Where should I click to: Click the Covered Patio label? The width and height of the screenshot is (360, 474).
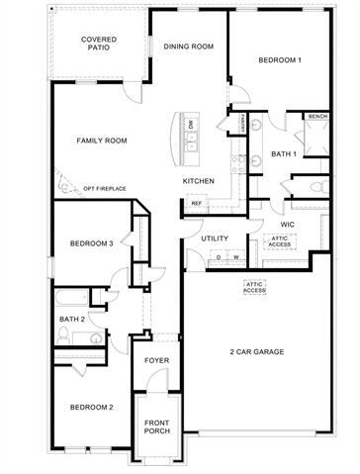(100, 45)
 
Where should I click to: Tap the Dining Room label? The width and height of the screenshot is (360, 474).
(188, 46)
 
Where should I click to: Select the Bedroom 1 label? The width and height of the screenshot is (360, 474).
(280, 61)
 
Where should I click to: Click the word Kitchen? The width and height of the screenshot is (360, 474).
(199, 182)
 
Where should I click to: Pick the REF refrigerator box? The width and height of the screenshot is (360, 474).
(196, 204)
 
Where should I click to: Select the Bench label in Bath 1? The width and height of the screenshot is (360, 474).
(317, 117)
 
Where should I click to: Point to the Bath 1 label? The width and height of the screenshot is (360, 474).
(284, 153)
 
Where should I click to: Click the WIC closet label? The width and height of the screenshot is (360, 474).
(287, 225)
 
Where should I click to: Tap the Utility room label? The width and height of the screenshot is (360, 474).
(215, 238)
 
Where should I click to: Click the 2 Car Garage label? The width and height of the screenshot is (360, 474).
(257, 352)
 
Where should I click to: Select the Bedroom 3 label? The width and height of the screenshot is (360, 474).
(91, 242)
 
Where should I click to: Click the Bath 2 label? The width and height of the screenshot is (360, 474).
(71, 319)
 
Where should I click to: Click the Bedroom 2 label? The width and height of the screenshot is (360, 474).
(91, 408)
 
